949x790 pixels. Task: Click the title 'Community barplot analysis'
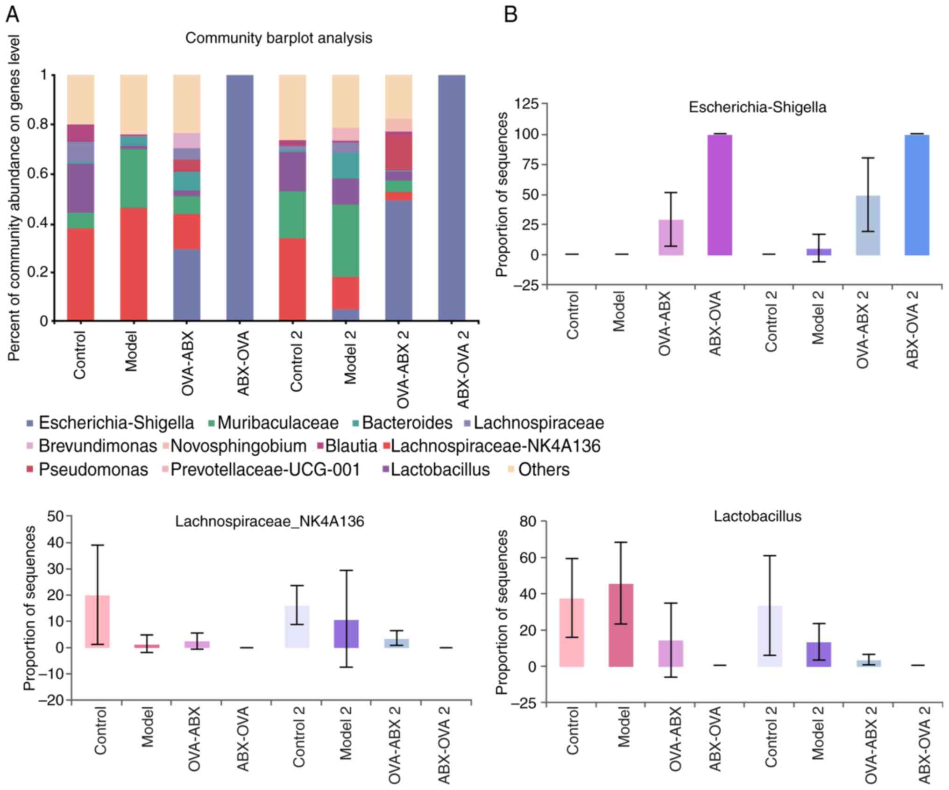pos(278,38)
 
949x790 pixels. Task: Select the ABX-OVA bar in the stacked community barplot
pos(240,197)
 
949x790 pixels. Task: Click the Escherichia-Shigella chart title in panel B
pos(757,108)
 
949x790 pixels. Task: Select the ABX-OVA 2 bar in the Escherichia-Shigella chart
pos(917,195)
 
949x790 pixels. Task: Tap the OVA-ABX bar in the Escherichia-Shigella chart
pos(671,237)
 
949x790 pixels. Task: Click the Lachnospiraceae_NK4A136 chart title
pos(269,521)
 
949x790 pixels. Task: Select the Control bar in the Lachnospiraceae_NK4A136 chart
pos(97,621)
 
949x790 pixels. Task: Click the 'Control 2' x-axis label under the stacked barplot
pos(296,361)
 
